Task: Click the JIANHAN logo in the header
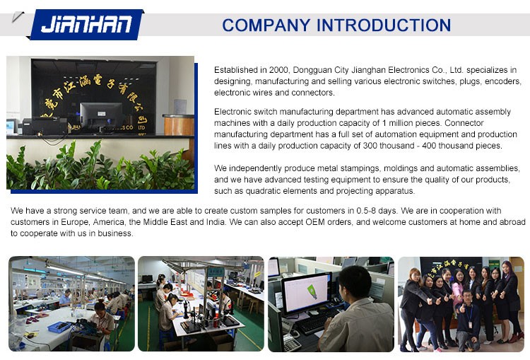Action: pyautogui.click(x=86, y=24)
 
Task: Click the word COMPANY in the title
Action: pyautogui.click(x=266, y=25)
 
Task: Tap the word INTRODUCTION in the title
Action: pyautogui.click(x=384, y=25)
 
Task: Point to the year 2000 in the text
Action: pyautogui.click(x=278, y=70)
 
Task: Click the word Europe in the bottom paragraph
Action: pyautogui.click(x=75, y=222)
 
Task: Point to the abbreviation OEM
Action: pyautogui.click(x=315, y=222)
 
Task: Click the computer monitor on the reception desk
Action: pyautogui.click(x=101, y=116)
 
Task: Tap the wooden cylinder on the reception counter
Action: pyautogui.click(x=179, y=125)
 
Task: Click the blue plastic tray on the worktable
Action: pyautogui.click(x=59, y=327)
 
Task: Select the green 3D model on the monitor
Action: pyautogui.click(x=312, y=291)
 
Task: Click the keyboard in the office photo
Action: pyautogui.click(x=312, y=321)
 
